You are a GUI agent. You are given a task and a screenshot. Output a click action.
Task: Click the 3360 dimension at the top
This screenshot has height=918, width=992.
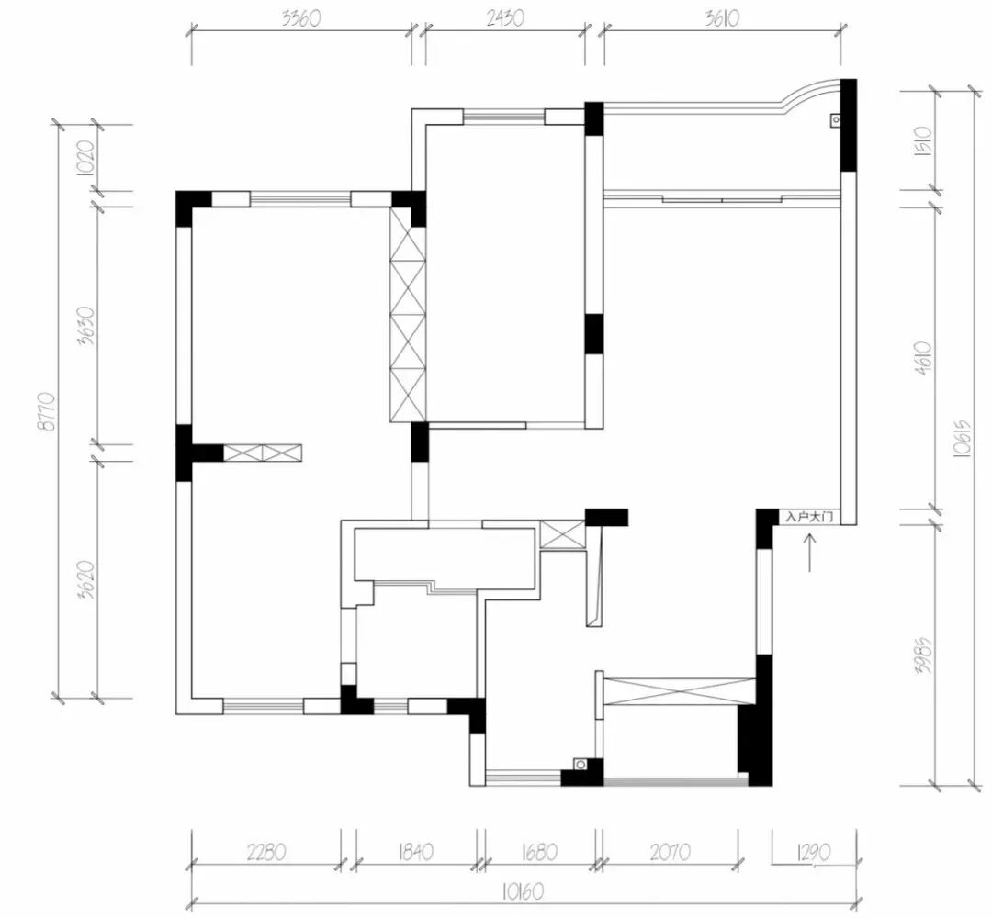(x=301, y=18)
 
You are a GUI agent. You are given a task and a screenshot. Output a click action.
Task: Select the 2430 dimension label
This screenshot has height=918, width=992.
(x=505, y=18)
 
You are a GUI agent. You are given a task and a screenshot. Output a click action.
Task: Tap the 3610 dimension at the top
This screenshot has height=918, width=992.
(x=722, y=18)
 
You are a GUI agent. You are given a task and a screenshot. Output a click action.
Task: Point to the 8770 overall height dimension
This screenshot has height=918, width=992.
(x=47, y=411)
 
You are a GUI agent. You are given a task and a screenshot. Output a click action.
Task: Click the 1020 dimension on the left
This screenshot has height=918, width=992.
(x=86, y=157)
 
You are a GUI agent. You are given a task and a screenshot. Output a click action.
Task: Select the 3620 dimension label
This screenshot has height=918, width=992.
(x=86, y=580)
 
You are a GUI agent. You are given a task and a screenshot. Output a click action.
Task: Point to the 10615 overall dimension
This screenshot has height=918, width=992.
(x=962, y=439)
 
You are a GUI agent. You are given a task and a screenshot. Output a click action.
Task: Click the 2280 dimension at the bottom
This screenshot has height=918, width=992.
(x=265, y=852)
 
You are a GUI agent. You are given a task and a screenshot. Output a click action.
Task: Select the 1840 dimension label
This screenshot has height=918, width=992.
(x=415, y=852)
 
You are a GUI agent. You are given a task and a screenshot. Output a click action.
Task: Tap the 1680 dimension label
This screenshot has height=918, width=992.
(x=539, y=852)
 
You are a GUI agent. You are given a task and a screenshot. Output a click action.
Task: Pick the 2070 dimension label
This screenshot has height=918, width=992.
(x=670, y=853)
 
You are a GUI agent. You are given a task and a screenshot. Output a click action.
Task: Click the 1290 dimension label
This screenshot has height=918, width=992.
(x=814, y=853)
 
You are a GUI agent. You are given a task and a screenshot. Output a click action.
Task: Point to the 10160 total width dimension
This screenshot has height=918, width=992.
(x=524, y=892)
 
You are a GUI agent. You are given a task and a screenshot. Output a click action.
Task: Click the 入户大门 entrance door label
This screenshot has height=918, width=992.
(x=809, y=517)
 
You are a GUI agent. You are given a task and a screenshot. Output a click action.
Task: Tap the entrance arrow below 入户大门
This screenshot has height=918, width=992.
(x=810, y=553)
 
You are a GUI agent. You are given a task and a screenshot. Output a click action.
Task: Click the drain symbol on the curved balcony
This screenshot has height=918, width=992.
(x=836, y=119)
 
